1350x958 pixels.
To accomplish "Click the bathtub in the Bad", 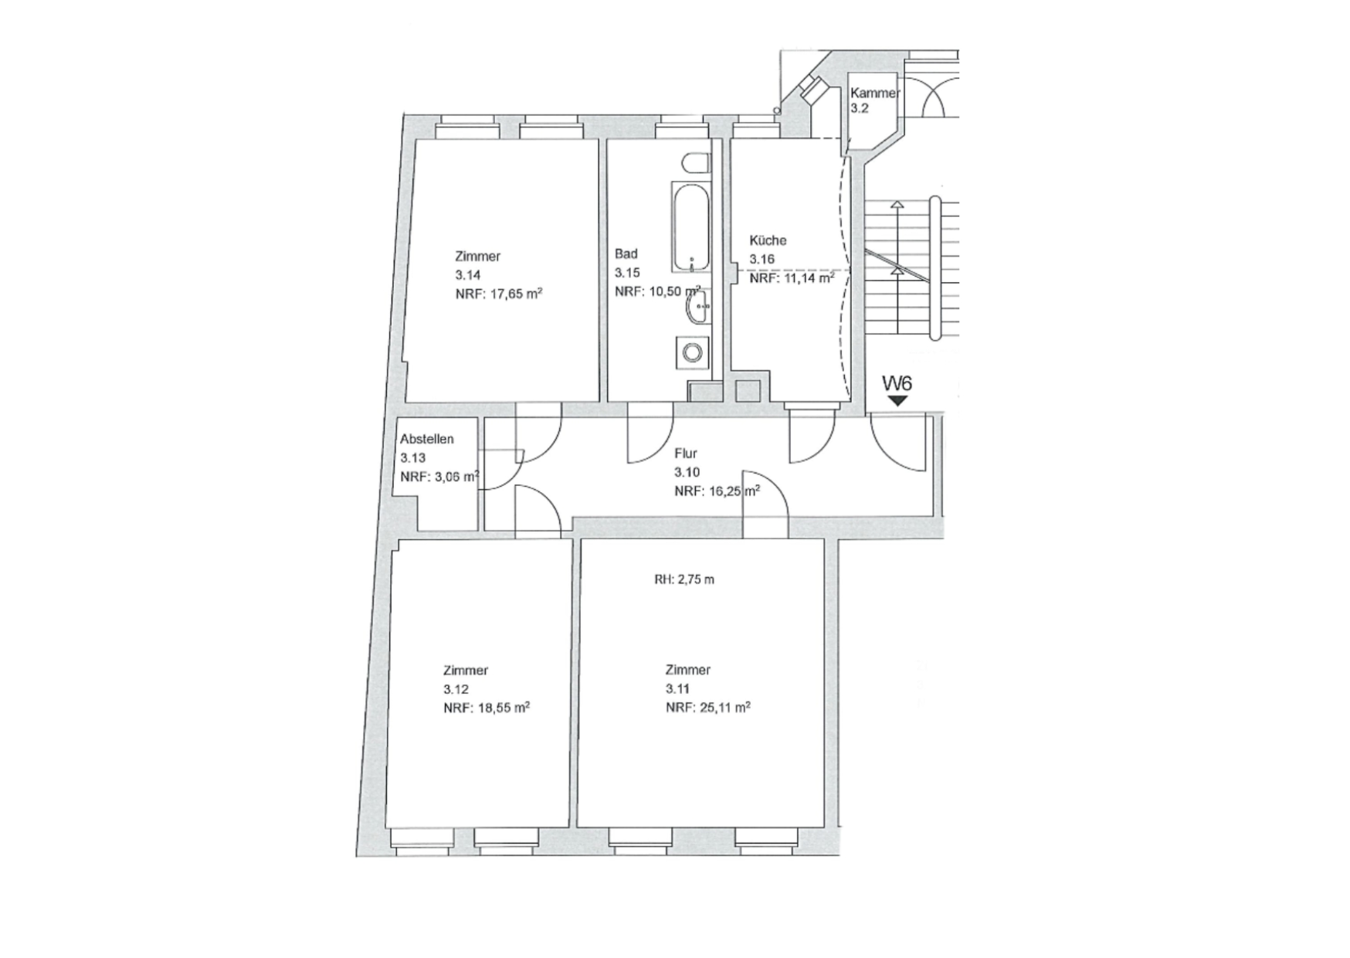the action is pos(691,227).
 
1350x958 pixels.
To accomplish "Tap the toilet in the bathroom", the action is pos(697,164).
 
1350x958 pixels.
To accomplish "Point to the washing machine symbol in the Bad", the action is pos(693,353).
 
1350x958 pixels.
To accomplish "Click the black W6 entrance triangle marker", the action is pos(897,401).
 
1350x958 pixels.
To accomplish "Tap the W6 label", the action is pos(897,383).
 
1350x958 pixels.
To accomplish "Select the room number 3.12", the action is pos(456,689).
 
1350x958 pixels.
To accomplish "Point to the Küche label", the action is pos(768,240).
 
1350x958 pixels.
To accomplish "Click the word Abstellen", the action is pos(427,439).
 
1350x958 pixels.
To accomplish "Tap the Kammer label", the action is pos(875,93).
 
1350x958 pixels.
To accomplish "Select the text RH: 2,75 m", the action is pos(684,579).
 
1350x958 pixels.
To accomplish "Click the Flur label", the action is pos(686,454).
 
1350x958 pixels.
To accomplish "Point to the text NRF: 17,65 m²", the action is pos(498,294).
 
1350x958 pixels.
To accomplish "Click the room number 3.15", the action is pos(627,273).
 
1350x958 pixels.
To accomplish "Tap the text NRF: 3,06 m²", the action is pos(439,477).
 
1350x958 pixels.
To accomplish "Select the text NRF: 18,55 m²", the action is pos(487,708).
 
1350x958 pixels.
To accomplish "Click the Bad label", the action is pos(626,253).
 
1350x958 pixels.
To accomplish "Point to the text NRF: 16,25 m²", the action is pos(717,491).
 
